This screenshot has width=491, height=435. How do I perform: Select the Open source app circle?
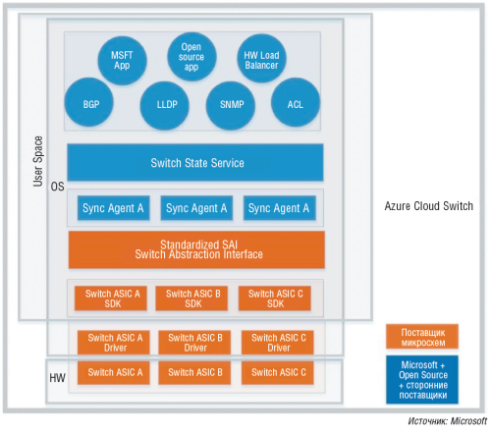click(x=191, y=55)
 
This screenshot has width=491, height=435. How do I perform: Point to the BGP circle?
click(x=89, y=103)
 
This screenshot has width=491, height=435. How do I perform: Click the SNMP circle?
click(x=232, y=103)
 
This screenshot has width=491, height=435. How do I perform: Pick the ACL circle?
click(x=296, y=103)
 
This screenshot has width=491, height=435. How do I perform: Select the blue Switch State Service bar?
click(x=195, y=162)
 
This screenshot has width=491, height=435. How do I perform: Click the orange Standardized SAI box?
click(x=195, y=249)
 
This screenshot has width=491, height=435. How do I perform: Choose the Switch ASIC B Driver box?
click(x=193, y=342)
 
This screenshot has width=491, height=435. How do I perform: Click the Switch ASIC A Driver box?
click(x=113, y=342)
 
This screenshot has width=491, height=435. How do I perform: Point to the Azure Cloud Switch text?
click(x=429, y=206)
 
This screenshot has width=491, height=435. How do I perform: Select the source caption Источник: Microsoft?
click(x=445, y=421)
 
